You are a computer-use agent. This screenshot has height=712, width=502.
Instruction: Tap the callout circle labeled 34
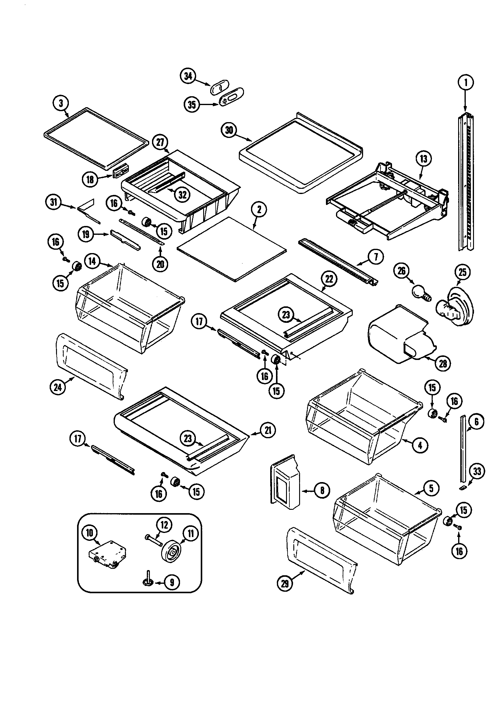pyautogui.click(x=188, y=76)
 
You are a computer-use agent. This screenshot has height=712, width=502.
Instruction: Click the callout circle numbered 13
pyautogui.click(x=423, y=159)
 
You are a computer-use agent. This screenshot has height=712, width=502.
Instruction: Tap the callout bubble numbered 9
pyautogui.click(x=171, y=582)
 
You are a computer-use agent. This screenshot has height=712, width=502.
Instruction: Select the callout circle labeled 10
pyautogui.click(x=90, y=532)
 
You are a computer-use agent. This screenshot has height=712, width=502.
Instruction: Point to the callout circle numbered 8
pyautogui.click(x=322, y=490)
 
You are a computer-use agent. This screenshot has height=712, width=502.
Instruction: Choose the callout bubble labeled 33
pyautogui.click(x=477, y=471)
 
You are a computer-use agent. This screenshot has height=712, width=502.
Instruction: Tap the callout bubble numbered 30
pyautogui.click(x=229, y=130)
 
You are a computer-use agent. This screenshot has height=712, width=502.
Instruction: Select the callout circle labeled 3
pyautogui.click(x=61, y=103)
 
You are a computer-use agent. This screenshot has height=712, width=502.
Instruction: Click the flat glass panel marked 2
pyautogui.click(x=231, y=250)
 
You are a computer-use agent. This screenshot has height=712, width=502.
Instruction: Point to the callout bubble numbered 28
pyautogui.click(x=443, y=363)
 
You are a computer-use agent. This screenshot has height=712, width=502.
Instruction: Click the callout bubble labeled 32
pyautogui.click(x=182, y=194)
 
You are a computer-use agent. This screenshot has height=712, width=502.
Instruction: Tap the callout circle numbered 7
pyautogui.click(x=376, y=257)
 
